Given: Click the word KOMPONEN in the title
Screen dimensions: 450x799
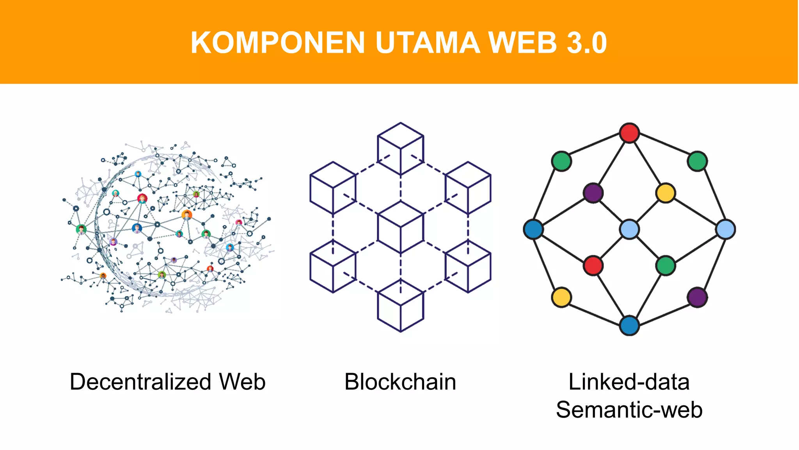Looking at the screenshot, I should [277, 43].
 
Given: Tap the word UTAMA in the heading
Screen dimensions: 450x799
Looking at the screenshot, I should [427, 43].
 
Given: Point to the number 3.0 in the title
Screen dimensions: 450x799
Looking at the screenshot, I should [587, 43].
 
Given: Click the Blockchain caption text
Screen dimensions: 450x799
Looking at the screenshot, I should [400, 382].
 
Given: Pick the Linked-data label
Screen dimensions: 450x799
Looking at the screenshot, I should [629, 382].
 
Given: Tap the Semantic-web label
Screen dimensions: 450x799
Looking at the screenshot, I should [629, 410].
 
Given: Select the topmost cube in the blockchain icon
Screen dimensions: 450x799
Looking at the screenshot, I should [401, 149].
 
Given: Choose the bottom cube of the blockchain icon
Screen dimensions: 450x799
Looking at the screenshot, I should [401, 305].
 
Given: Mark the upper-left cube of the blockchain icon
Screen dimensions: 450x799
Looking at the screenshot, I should [333, 188].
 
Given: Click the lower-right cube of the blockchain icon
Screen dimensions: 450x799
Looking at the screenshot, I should [468, 266].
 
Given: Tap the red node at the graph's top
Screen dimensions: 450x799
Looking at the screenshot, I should [629, 133].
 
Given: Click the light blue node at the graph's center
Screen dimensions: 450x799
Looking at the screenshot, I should [629, 229].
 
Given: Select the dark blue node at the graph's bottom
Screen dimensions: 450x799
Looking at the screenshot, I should [629, 325].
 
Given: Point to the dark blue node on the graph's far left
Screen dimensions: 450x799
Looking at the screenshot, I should [533, 229].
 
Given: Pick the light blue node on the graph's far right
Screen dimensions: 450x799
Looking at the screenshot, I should [726, 229].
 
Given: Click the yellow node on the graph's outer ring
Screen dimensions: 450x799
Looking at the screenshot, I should [561, 297].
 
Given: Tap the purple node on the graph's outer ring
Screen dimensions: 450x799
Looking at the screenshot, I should [697, 297].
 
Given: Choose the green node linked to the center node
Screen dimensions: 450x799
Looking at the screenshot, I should [666, 266].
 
